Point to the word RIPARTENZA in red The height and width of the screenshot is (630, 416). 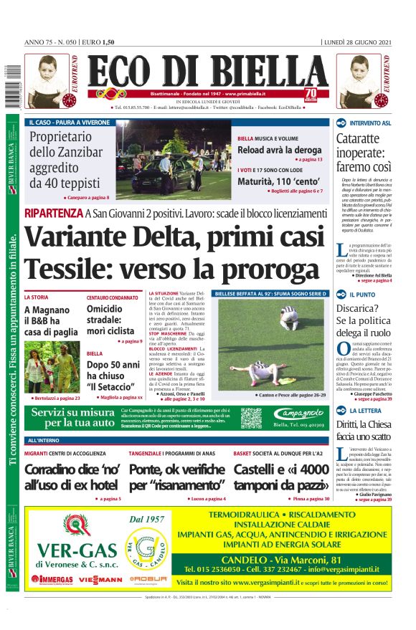pyautogui.click(x=52, y=213)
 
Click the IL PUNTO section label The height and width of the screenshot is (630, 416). pyautogui.click(x=363, y=295)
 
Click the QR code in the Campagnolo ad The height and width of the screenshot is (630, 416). pyautogui.click(x=251, y=418)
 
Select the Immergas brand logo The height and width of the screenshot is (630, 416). pyautogui.click(x=52, y=578)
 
